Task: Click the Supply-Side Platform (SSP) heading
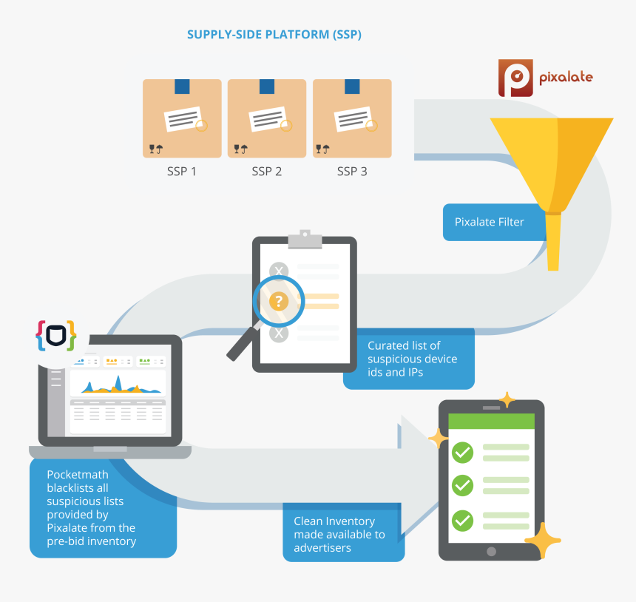pyautogui.click(x=274, y=35)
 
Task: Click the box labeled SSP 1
pyautogui.click(x=182, y=118)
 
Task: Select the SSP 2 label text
pyautogui.click(x=267, y=172)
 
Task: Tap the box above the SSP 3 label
pyautogui.click(x=352, y=118)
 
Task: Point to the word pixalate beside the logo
pyautogui.click(x=566, y=76)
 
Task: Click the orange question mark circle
pyautogui.click(x=279, y=301)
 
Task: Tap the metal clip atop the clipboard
pyautogui.click(x=305, y=238)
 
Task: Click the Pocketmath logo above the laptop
pyautogui.click(x=55, y=336)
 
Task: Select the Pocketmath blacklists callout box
pyautogui.click(x=102, y=507)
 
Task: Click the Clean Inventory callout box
pyautogui.click(x=343, y=533)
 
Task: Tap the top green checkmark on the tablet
pyautogui.click(x=463, y=452)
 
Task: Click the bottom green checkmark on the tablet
pyautogui.click(x=463, y=520)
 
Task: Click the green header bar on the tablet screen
pyautogui.click(x=492, y=421)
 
